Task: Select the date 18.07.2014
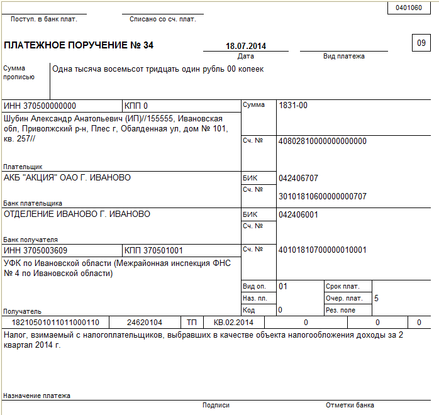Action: [x=246, y=46]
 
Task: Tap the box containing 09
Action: [x=421, y=43]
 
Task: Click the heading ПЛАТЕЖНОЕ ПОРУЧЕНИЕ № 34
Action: [x=79, y=45]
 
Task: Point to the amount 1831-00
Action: [x=293, y=106]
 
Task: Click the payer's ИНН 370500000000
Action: [x=40, y=106]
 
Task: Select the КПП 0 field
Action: [x=136, y=106]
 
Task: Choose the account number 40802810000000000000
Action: [x=322, y=141]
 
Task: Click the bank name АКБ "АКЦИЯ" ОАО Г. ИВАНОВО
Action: [x=67, y=177]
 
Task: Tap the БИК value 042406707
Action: [x=298, y=178]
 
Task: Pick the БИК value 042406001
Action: [x=298, y=214]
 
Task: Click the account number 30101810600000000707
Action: [x=322, y=196]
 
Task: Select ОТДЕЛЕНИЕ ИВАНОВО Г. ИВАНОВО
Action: [x=77, y=214]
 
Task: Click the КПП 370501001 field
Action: [x=154, y=250]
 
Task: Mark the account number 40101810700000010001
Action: [x=322, y=250]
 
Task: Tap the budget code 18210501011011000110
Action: [x=57, y=323]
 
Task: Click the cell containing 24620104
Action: [x=145, y=323]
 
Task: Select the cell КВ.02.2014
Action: [x=234, y=323]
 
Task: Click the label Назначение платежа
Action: [x=37, y=396]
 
